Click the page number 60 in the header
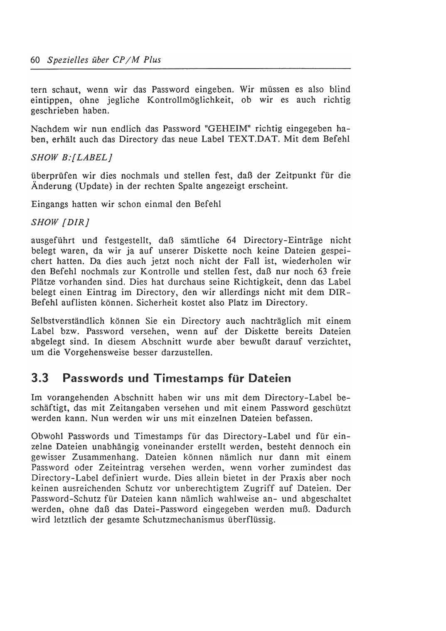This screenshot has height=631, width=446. point(35,60)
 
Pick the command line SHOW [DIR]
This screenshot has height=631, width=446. point(61,222)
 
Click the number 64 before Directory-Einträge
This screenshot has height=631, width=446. point(232,240)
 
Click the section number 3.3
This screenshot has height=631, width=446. point(40,379)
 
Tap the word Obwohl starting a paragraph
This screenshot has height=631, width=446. point(47,436)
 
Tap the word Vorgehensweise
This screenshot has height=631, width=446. point(91,352)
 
